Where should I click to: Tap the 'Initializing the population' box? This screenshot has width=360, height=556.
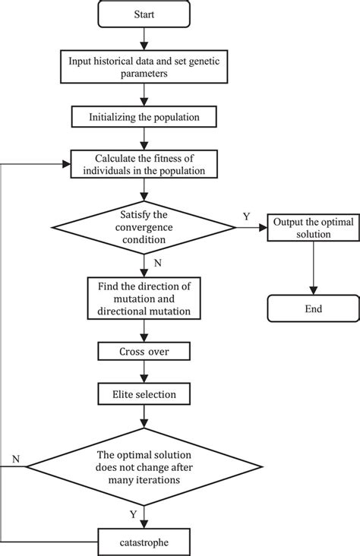(x=144, y=117)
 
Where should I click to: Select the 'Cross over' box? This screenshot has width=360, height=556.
(x=144, y=352)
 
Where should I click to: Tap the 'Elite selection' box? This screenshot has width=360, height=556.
(x=144, y=393)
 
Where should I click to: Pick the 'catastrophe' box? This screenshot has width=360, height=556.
(x=144, y=542)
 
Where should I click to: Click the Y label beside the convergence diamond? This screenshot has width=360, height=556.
(x=245, y=216)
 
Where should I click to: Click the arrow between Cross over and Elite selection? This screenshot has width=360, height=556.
(x=144, y=373)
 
